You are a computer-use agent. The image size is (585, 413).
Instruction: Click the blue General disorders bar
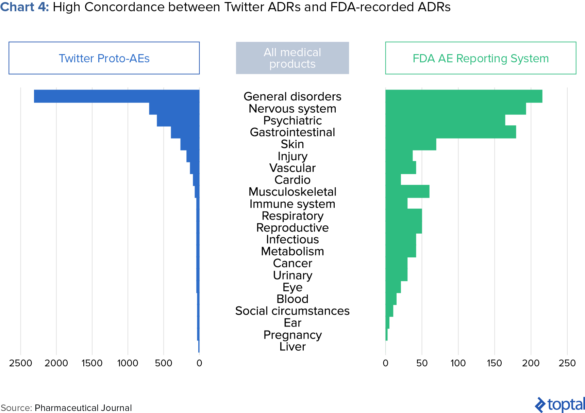116,96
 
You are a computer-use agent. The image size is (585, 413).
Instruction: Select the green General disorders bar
464,96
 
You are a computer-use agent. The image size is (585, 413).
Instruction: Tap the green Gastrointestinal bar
450,132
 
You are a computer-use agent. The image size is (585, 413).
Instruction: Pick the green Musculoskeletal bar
407,191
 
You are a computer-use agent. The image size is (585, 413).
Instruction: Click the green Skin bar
411,144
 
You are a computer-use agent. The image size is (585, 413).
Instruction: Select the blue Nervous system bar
174,109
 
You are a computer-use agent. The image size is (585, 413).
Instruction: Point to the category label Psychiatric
292,121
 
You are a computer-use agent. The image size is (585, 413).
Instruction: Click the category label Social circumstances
292,311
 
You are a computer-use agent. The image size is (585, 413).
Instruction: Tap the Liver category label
292,347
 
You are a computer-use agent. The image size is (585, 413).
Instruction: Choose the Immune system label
292,204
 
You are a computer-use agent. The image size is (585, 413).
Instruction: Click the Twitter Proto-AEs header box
104,58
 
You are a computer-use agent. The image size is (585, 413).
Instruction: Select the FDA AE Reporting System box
480,58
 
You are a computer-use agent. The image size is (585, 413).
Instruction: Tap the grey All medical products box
292,58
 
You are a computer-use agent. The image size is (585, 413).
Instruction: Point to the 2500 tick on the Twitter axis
21,363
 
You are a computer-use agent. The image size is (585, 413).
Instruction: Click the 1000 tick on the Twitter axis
128,363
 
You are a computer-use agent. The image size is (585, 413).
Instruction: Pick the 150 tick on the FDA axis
494,363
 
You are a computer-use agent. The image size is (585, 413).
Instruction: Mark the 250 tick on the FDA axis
567,363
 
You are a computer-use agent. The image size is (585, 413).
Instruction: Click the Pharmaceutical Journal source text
83,408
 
